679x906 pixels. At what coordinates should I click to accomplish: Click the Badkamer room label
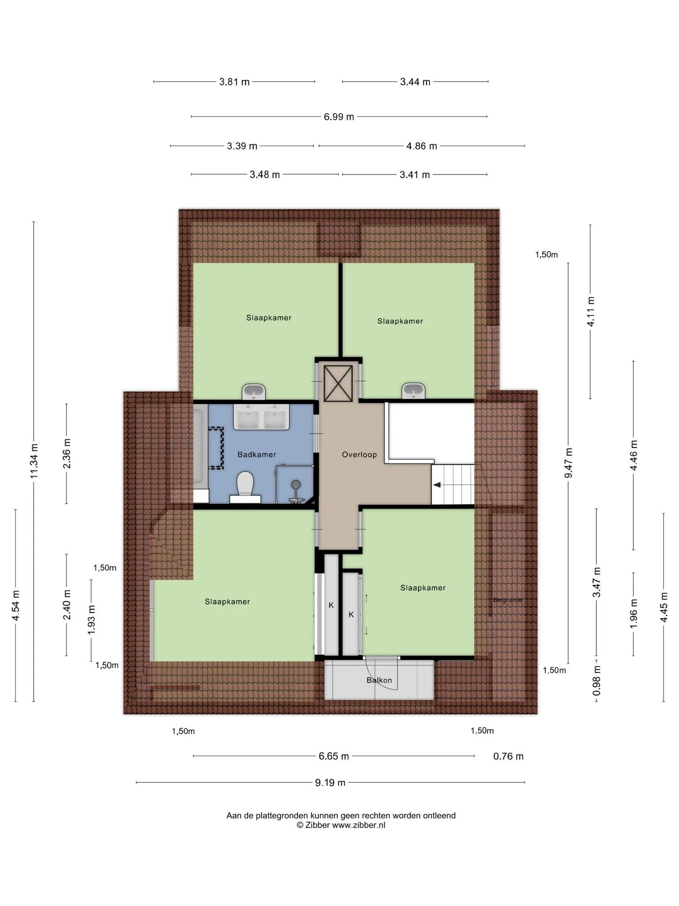257,454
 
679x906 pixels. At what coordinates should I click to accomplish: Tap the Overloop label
359,454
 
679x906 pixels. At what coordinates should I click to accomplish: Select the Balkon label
379,680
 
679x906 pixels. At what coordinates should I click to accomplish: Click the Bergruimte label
508,600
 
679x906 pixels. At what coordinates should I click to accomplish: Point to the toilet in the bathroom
245,487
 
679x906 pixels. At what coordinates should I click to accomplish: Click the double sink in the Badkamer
261,417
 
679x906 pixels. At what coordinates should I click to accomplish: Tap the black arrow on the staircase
437,485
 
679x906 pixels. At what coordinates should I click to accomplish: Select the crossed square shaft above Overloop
338,383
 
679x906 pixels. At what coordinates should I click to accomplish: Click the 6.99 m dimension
339,117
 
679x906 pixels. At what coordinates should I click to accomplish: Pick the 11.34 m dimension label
34,461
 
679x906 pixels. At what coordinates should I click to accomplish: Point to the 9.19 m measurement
330,782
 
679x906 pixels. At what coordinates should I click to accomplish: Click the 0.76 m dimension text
508,756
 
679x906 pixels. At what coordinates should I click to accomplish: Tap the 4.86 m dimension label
422,146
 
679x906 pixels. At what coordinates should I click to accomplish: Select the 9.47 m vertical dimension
568,463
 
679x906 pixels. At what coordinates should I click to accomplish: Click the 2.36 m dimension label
66,453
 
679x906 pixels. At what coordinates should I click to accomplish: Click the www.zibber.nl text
359,825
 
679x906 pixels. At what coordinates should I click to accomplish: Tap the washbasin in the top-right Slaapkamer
414,391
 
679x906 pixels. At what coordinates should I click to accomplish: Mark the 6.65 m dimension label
334,756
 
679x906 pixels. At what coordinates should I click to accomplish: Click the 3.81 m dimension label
234,82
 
